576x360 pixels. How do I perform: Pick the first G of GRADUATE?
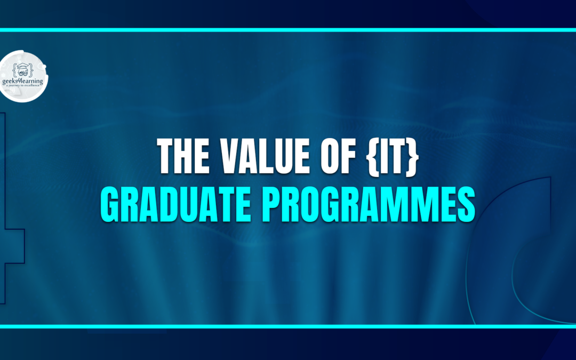[x=110, y=204]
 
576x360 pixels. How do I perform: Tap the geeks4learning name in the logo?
[x=23, y=81]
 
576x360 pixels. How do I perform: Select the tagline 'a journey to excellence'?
[x=23, y=86]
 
